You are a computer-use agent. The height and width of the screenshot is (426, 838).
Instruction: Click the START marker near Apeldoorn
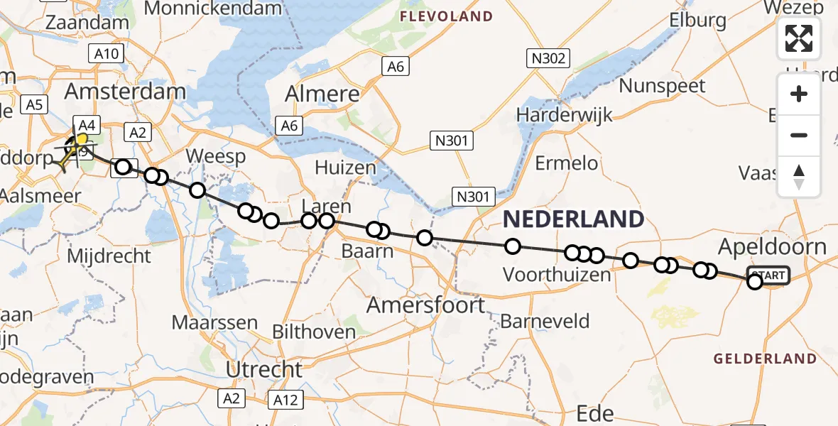click(x=768, y=275)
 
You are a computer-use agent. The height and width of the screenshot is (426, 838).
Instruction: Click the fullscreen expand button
click(x=799, y=38)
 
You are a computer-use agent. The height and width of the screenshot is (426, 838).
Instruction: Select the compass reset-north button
click(x=799, y=177)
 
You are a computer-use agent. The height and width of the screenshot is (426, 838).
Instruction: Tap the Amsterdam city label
click(x=125, y=92)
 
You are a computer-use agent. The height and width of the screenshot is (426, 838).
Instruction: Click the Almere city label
click(x=322, y=94)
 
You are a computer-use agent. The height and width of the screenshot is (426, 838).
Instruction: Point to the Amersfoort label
click(x=425, y=305)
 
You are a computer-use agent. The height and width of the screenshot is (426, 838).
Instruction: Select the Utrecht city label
click(x=264, y=369)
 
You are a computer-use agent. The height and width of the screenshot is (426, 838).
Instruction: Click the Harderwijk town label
click(x=565, y=114)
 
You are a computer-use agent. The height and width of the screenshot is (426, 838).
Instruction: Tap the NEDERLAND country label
click(x=573, y=219)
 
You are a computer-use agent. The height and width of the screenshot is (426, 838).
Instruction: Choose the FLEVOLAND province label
click(x=447, y=16)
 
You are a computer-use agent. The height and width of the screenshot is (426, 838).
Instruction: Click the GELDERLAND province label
click(x=765, y=359)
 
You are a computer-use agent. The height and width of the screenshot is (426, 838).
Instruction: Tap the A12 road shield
click(x=285, y=400)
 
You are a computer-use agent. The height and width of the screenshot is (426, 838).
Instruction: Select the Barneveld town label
click(x=545, y=321)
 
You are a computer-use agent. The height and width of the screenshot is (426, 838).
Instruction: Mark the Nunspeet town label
click(x=662, y=87)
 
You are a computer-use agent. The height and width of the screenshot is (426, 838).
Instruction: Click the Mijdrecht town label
click(x=109, y=256)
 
